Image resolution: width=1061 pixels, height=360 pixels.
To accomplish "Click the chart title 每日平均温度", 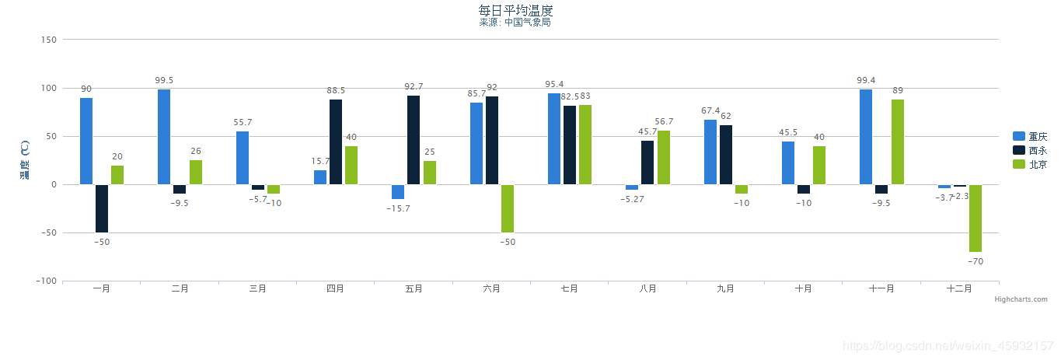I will point(515,10).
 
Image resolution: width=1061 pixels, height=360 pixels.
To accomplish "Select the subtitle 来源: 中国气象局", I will point(515,23).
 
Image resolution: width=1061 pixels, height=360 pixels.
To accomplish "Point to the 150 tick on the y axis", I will point(48,40).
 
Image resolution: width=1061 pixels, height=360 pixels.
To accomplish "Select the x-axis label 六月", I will point(491,288).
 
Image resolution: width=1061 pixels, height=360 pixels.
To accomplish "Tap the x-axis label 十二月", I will point(959,288).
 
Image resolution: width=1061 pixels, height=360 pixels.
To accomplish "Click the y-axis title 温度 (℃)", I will point(24,159).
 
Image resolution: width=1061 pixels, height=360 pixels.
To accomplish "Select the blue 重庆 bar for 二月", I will point(164,137).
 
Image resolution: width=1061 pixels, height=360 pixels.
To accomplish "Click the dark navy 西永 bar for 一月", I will point(102,208).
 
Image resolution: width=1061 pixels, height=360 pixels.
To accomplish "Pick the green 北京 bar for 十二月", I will point(975,218).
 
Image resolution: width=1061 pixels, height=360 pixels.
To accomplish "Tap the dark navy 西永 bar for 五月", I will point(414,140).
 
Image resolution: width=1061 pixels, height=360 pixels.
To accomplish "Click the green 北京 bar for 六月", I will point(508,208).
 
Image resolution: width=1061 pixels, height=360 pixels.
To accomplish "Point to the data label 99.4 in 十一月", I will point(866,80).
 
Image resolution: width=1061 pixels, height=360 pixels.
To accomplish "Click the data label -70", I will point(975,261).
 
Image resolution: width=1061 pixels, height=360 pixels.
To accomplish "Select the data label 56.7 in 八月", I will point(664,122).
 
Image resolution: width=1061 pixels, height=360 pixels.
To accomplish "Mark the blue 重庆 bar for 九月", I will point(710,152).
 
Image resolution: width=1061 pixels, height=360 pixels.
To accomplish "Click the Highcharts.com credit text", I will point(1021,299).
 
